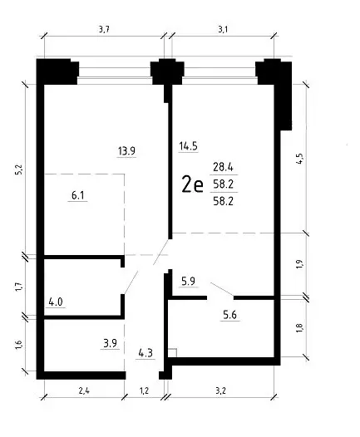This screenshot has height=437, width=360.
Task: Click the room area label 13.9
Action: (126, 150)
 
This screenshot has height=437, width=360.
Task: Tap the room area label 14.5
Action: (188, 145)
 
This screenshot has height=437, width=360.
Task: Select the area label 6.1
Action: (78, 195)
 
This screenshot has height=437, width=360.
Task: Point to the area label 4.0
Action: (56, 302)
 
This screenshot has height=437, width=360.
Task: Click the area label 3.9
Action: (110, 343)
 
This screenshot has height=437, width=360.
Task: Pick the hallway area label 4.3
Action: (145, 353)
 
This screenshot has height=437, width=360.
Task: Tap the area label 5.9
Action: (188, 281)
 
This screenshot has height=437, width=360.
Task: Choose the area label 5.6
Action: (229, 315)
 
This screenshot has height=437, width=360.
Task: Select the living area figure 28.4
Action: (223, 167)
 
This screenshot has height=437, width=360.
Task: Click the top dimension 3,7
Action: (104, 29)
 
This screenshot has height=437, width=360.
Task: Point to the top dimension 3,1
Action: (223, 29)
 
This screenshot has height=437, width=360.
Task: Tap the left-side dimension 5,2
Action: (18, 170)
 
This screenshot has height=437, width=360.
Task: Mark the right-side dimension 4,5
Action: (299, 159)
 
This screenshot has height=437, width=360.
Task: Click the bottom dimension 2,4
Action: (84, 390)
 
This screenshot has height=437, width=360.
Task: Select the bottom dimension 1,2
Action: (144, 390)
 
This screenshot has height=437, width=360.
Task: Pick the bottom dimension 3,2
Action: (220, 390)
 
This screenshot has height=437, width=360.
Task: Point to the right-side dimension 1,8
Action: (299, 327)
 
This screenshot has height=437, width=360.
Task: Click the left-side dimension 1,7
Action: (18, 287)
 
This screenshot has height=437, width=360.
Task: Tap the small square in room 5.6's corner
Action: (172, 352)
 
